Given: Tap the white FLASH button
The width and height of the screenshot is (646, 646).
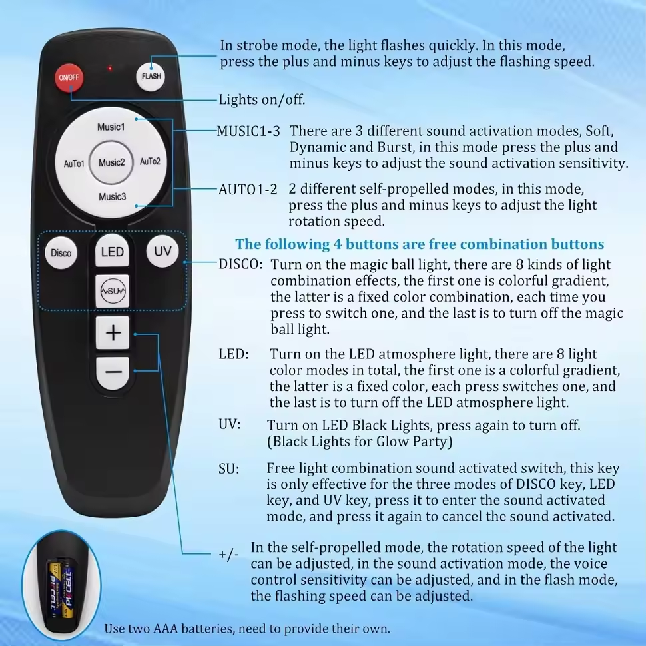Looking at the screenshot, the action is [x=151, y=76].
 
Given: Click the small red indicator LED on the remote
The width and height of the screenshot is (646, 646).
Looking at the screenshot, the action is [x=110, y=67].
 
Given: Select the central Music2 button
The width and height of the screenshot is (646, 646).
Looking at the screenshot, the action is [x=111, y=162].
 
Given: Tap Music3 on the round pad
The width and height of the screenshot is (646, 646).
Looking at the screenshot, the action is [x=112, y=197].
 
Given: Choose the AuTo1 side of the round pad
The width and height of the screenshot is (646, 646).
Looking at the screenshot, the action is [x=74, y=164].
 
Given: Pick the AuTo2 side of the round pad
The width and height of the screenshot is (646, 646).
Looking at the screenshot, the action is [x=150, y=161].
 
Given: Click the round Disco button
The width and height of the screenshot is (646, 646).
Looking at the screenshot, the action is [x=61, y=253].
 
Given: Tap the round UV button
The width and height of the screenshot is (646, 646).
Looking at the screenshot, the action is [x=162, y=251].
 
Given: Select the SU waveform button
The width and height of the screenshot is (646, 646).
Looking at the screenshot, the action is [x=112, y=291].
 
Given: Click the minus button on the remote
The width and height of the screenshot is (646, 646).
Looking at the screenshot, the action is [x=113, y=372].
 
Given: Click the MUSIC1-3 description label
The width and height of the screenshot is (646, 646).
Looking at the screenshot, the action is [x=248, y=131].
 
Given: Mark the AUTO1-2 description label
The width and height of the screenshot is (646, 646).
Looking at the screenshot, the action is [x=248, y=190].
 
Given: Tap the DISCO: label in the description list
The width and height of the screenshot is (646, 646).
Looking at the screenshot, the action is [x=240, y=264].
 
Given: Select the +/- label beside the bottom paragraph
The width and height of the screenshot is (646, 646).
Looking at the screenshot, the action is [x=228, y=555].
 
